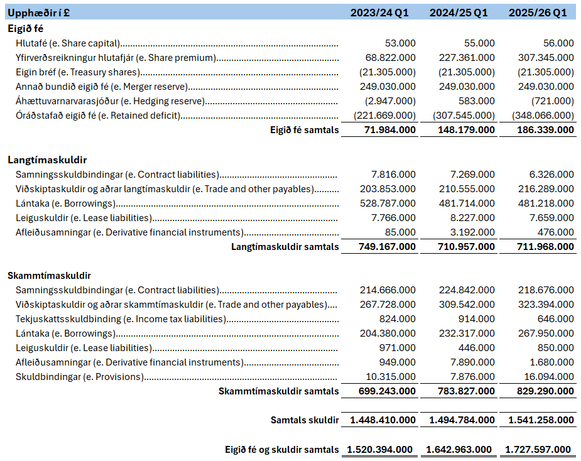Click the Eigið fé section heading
(26, 28)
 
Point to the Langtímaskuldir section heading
(47, 160)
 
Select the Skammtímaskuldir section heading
(50, 276)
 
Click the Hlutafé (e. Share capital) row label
(68, 43)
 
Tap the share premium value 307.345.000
(546, 58)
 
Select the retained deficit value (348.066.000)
(543, 116)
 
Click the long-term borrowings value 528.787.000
(388, 203)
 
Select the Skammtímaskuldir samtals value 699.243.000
(388, 391)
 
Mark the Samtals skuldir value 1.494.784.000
(462, 420)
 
